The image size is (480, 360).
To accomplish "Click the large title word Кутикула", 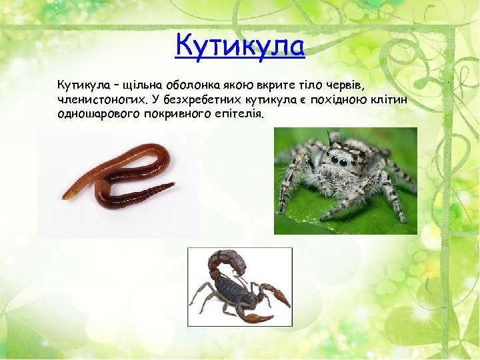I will click(240, 46).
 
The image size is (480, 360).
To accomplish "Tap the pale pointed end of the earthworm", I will click(67, 195).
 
